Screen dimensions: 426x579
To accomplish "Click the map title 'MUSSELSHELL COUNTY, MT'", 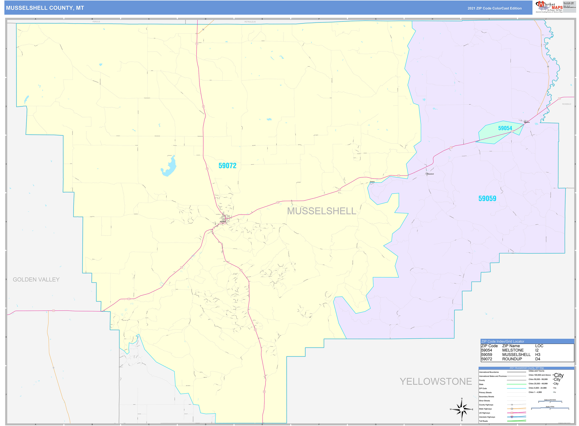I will point(45,8).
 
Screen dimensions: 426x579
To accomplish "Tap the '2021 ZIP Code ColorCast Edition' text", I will point(494,8).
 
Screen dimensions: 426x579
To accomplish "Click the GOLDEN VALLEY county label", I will point(36,280).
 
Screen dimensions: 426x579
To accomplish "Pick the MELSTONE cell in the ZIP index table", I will point(513,350).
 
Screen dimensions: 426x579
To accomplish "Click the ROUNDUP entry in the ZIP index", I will point(512,359).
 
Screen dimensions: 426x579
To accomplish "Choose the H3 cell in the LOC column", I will point(538,355).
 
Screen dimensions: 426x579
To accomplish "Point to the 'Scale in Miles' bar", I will point(550,408).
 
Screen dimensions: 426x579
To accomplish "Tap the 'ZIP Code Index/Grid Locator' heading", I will point(503,341).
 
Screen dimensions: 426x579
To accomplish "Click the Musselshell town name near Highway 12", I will point(430,174).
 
